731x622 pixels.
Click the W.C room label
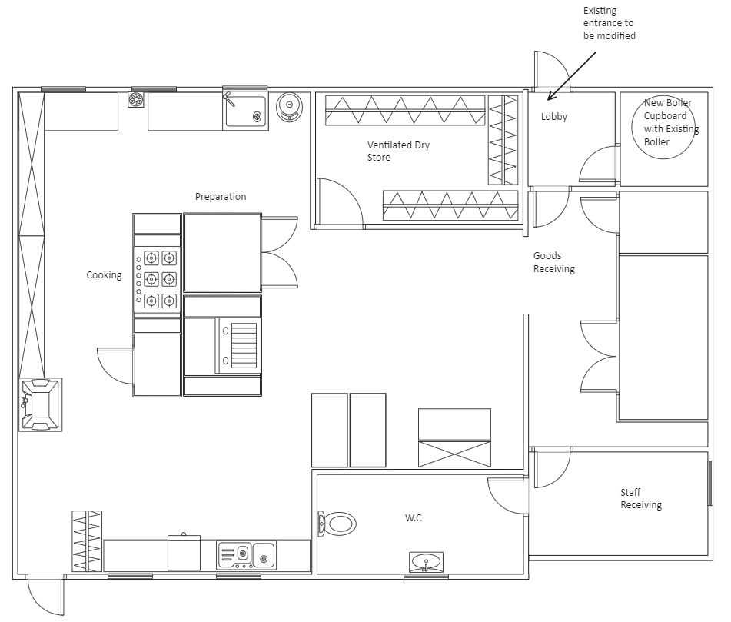tap(413, 517)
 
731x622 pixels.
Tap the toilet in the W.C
tap(337, 524)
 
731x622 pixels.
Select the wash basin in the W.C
tap(426, 562)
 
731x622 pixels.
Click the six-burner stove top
tap(157, 279)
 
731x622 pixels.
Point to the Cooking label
tap(104, 275)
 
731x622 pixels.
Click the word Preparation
tap(221, 197)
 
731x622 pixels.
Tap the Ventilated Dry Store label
tap(398, 151)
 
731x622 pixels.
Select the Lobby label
tap(554, 117)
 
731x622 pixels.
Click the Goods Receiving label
tap(554, 262)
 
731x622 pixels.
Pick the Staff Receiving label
tap(641, 498)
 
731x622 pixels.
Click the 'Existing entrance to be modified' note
tap(610, 23)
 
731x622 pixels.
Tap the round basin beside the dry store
tap(289, 107)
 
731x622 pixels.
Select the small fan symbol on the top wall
tap(135, 99)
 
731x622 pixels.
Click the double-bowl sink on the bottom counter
tap(246, 554)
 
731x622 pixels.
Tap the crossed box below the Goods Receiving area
tap(454, 454)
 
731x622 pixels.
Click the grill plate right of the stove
tap(236, 345)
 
